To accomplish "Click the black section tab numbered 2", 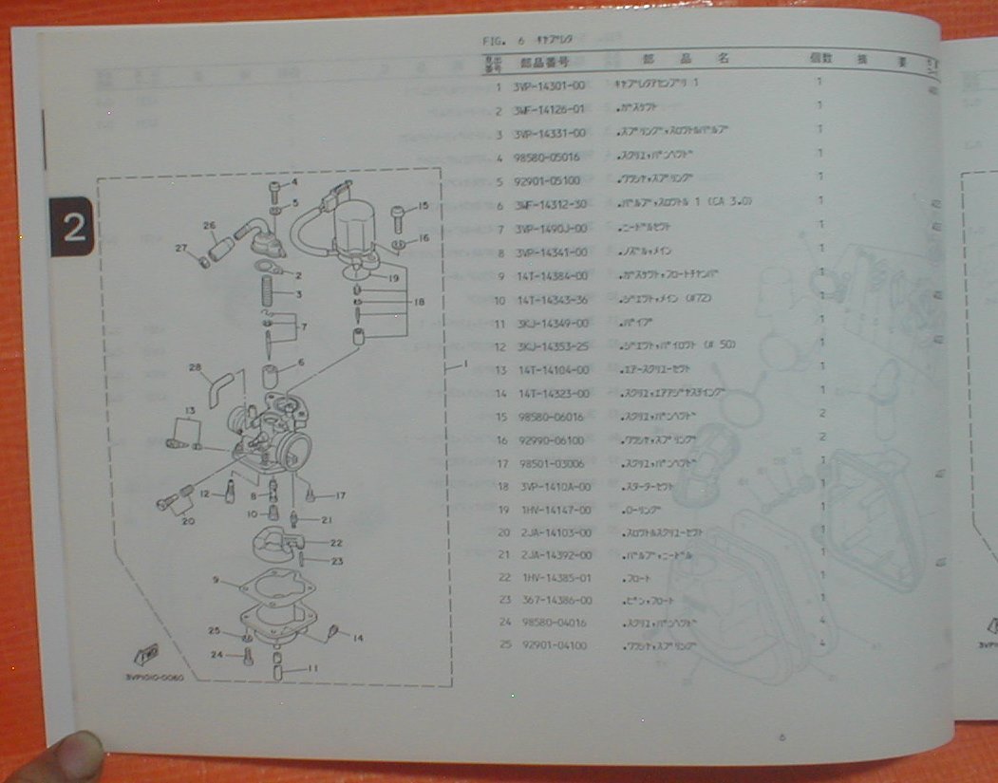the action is point(71,224).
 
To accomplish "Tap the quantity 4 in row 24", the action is point(820,622).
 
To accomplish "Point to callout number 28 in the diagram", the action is point(195,368).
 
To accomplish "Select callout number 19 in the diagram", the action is point(392,278).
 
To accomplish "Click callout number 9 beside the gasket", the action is point(217,579).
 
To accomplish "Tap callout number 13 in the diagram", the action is point(190,409).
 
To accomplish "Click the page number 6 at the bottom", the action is point(781,736).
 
